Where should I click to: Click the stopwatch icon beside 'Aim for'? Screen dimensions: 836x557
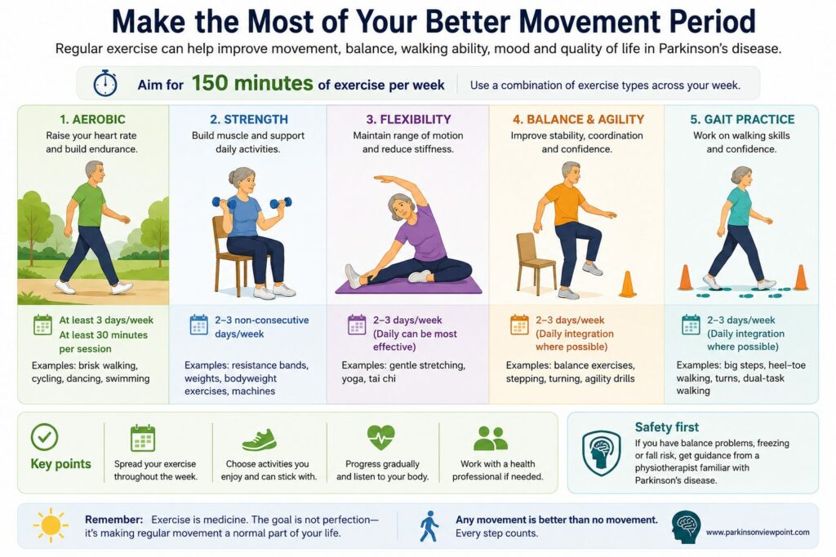click(x=105, y=83)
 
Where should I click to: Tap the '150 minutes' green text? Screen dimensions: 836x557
click(x=252, y=83)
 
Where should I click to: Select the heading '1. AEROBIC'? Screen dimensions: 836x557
click(x=93, y=119)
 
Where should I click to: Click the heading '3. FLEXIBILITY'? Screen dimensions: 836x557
click(x=408, y=119)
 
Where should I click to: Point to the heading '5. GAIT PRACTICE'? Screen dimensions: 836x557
click(x=742, y=119)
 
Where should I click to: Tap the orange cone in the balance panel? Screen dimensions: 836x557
click(x=628, y=284)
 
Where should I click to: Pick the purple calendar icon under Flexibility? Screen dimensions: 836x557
click(x=357, y=325)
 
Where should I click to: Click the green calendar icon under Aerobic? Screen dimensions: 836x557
click(x=42, y=325)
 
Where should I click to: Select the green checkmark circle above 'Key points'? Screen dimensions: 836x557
click(x=44, y=437)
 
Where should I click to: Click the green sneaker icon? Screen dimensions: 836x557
click(x=260, y=440)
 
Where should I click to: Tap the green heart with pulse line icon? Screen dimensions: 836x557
click(x=381, y=437)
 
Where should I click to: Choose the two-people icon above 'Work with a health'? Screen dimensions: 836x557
click(x=491, y=438)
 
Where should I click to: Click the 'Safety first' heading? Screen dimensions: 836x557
click(x=666, y=427)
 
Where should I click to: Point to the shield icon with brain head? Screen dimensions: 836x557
click(x=602, y=452)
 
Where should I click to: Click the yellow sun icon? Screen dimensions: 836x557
click(x=51, y=525)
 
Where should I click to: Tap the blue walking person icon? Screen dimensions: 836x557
click(x=429, y=526)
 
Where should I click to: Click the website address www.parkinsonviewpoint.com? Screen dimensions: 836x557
click(x=758, y=532)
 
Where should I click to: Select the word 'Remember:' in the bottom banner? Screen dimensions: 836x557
click(x=113, y=519)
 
